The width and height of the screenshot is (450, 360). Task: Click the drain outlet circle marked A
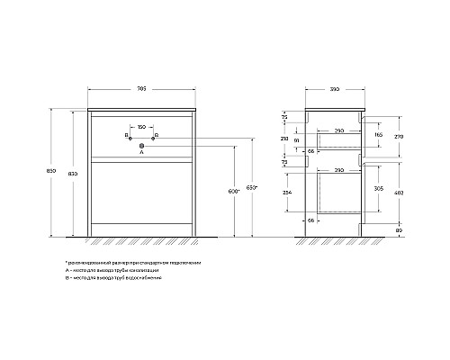click(142, 144)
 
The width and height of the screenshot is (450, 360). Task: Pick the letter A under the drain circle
click(142, 153)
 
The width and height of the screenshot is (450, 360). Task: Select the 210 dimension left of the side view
click(284, 139)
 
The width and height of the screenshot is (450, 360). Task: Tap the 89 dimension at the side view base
click(397, 230)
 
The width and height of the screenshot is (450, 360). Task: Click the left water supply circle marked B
click(130, 137)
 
